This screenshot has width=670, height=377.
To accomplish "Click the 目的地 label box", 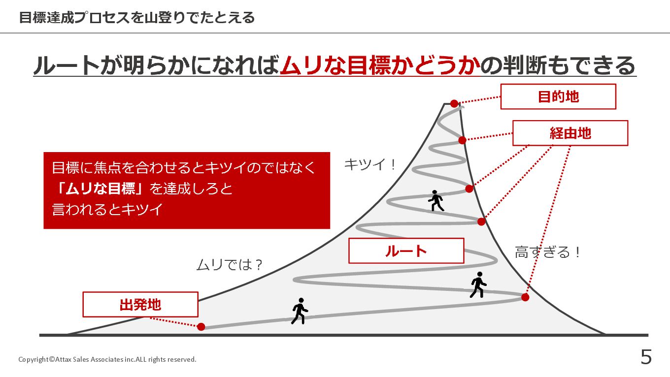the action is coord(558,96).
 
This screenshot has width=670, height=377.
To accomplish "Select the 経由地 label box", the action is coord(570,133).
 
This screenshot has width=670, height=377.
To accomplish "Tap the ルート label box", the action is coord(406,251).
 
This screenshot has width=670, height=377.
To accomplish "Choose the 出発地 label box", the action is coord(140,305).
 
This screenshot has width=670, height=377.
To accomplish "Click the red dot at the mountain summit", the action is coord(454,104).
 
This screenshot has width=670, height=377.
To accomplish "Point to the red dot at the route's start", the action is coord(201,326).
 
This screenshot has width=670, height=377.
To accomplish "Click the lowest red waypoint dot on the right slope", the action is coord(525,297).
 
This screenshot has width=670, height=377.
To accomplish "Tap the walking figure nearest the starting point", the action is coord(299,311).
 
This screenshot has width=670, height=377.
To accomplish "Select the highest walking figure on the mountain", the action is coord(436,201).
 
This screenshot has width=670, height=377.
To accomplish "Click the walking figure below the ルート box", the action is coord(477,285).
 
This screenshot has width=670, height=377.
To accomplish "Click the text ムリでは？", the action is coord(230,265).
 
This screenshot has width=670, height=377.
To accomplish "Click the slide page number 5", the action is coord(646,357).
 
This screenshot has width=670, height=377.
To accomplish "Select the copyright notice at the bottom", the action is coord(107,360).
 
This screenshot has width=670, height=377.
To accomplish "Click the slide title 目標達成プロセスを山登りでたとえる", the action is coord(137,18).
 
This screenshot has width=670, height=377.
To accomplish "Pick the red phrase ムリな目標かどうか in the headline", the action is coord(379,65).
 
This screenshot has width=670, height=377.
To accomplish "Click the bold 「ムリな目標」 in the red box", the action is coord(100,188).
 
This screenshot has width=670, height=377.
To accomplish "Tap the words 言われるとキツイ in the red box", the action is coord(107,210).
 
